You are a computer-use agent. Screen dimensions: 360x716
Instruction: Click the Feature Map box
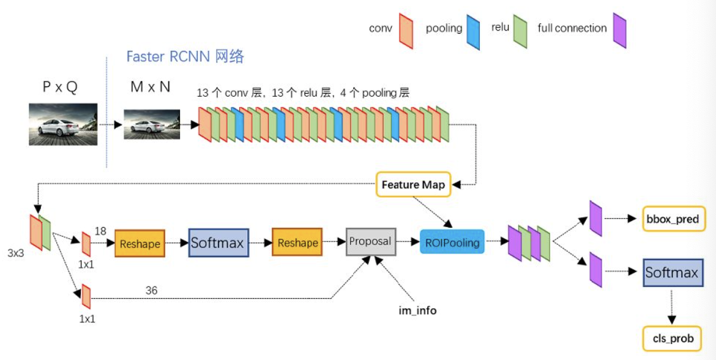[x=413, y=184]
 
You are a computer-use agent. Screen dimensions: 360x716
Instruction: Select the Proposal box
[x=370, y=242]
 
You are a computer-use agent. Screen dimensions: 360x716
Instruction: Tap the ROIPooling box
[x=452, y=242]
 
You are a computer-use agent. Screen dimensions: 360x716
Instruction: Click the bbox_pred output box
[x=671, y=219]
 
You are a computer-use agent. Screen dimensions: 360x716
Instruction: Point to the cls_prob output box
[x=671, y=339]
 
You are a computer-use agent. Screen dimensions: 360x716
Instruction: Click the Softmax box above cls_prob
[x=671, y=272]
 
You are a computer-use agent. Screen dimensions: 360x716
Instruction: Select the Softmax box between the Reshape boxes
[x=217, y=243]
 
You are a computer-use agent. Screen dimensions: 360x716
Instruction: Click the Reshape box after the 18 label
[x=140, y=244]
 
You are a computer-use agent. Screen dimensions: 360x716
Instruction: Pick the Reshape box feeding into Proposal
[x=297, y=243]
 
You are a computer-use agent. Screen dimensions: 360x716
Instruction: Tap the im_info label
[x=417, y=310]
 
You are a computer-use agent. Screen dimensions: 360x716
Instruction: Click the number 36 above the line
[x=151, y=290]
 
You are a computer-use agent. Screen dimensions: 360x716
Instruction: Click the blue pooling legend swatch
[x=472, y=32]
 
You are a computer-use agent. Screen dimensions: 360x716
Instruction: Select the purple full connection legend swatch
[x=619, y=31]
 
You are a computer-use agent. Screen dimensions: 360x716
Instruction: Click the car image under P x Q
[x=63, y=124]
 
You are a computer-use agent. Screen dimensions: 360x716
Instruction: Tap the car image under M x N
[x=152, y=126]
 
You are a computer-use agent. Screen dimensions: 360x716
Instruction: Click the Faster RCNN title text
[x=185, y=57]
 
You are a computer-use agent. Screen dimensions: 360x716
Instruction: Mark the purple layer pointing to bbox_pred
[x=595, y=218]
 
